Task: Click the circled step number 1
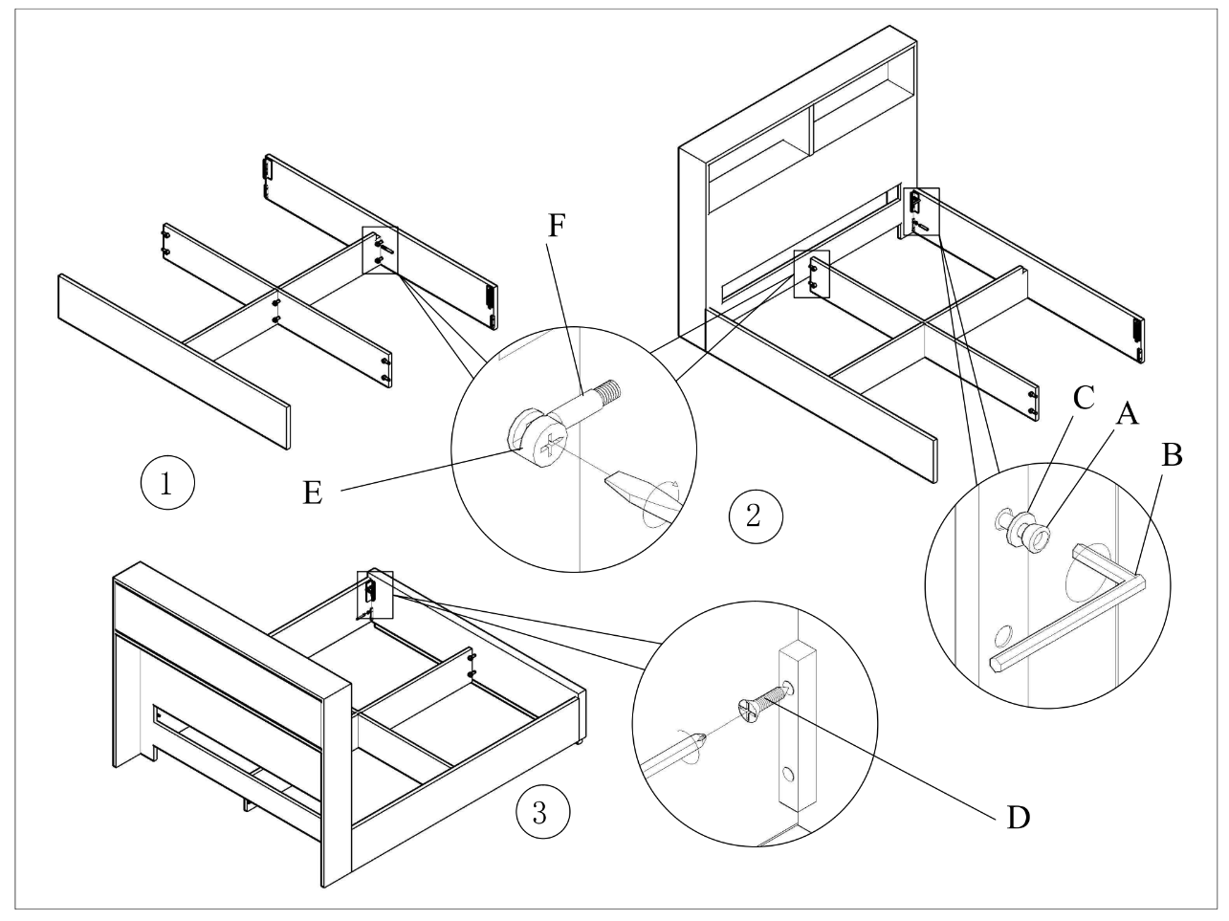[167, 483]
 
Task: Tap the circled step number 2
[754, 516]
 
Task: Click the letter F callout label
[559, 227]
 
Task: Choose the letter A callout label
[1128, 413]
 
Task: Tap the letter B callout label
[1172, 455]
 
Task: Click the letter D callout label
[1018, 818]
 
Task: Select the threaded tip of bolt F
[608, 390]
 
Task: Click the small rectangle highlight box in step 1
[380, 251]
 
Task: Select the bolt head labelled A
[1038, 536]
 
